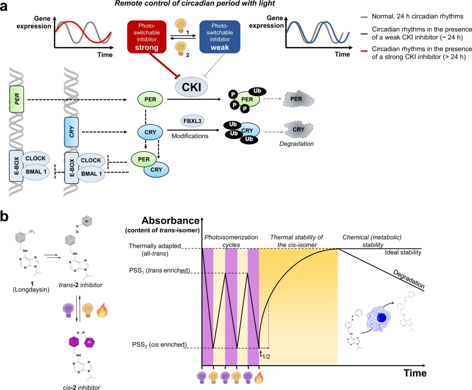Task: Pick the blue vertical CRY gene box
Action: pyautogui.click(x=70, y=132)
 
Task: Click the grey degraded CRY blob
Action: pyautogui.click(x=298, y=130)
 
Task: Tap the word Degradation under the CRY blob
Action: pyautogui.click(x=296, y=144)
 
